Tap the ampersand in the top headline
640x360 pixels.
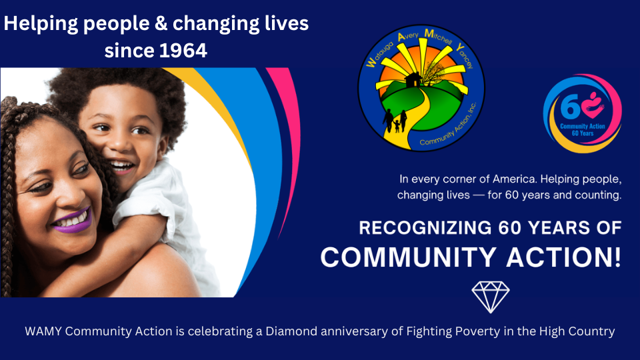tap(161, 23)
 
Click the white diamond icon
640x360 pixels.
tap(491, 297)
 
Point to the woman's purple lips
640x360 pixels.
tap(73, 221)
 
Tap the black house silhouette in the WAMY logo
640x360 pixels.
tap(413, 80)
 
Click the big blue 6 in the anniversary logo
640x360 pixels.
tap(570, 107)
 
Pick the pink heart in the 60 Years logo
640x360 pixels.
tap(593, 106)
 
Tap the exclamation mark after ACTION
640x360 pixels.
tap(617, 257)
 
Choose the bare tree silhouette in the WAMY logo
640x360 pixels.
tap(433, 73)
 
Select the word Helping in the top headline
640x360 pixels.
tap(41, 24)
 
